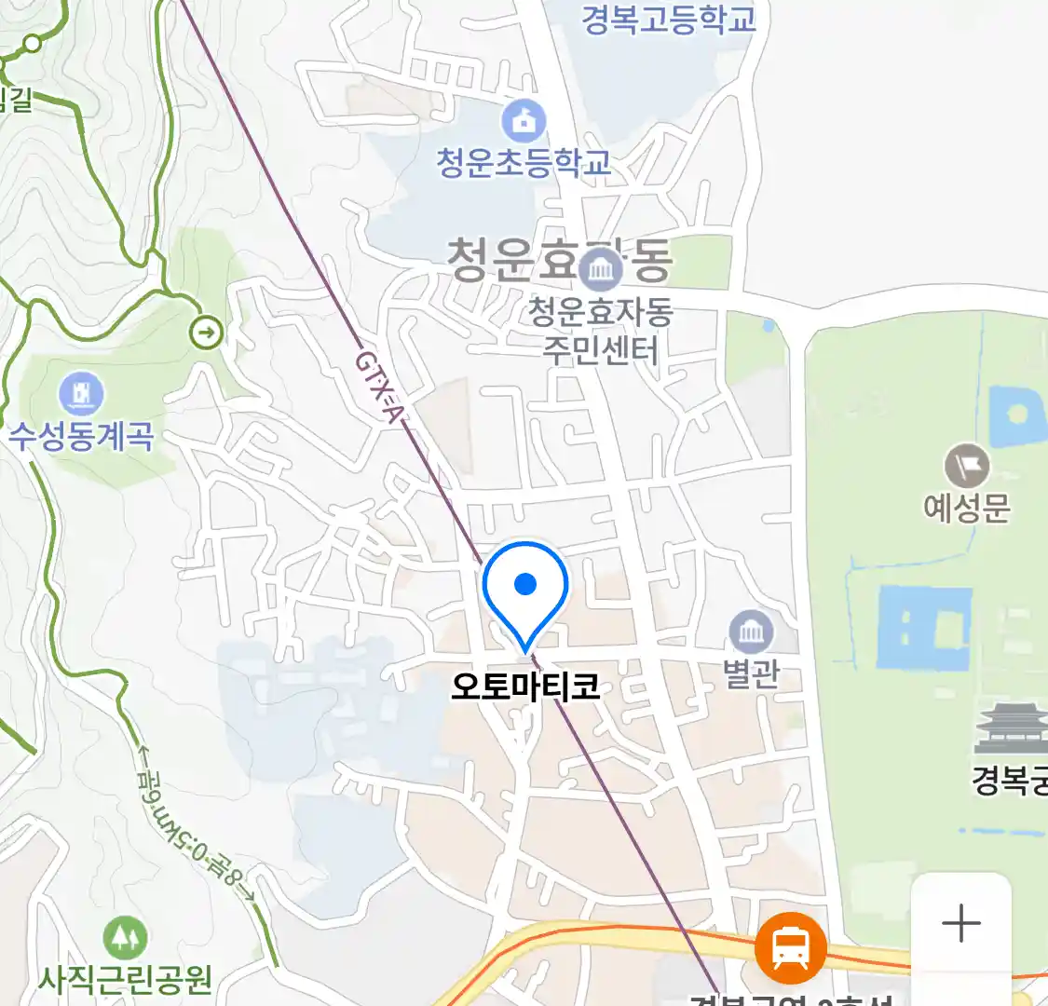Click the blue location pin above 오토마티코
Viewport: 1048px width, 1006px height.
click(525, 589)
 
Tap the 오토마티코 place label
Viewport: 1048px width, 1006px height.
click(525, 687)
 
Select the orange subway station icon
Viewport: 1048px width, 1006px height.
click(790, 948)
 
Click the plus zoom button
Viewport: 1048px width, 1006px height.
click(960, 924)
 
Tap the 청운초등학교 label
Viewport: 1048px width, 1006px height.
click(524, 162)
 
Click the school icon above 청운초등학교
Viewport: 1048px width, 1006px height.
click(524, 121)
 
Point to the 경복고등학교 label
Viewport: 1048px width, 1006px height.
click(668, 19)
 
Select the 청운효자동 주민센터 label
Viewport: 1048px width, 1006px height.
click(600, 331)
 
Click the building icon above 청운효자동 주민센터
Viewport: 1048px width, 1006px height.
click(600, 270)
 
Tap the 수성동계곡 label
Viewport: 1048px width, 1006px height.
click(81, 436)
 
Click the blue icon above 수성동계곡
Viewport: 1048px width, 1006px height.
click(81, 394)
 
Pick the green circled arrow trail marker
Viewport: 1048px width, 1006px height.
click(206, 332)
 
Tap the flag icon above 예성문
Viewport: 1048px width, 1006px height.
click(966, 466)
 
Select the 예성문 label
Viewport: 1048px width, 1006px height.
click(966, 508)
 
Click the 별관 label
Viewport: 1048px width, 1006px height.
click(751, 673)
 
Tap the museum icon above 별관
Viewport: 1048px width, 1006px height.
click(751, 633)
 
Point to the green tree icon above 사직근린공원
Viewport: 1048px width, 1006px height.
click(124, 939)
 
